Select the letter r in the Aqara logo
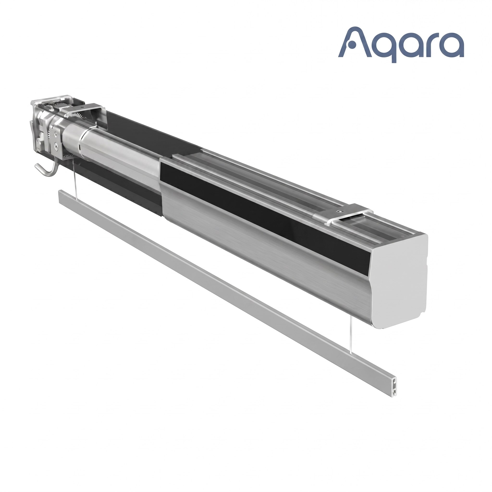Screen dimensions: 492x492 tap(429, 46)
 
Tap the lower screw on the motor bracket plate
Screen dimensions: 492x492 tap(55, 146)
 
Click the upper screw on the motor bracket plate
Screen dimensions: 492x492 tap(55, 133)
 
